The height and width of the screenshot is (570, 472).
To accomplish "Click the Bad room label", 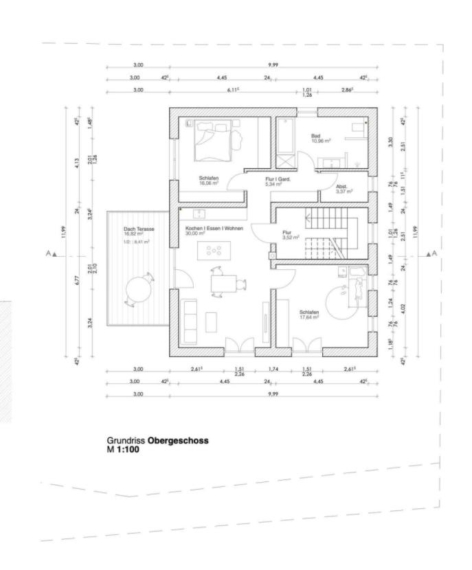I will [316, 136].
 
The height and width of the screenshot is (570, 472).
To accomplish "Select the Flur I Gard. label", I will [278, 179].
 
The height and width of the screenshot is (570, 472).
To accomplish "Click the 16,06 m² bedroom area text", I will [208, 184].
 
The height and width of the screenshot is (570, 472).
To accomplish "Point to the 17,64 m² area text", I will [310, 317].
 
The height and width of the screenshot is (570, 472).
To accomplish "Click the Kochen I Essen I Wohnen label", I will [214, 227].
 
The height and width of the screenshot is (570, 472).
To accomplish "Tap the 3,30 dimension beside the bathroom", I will [391, 143].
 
